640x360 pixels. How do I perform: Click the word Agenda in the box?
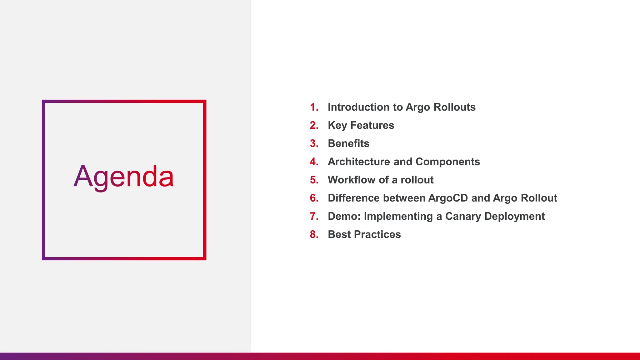(x=124, y=177)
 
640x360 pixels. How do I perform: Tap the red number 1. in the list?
(x=314, y=107)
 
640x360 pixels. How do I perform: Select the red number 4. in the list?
(x=314, y=162)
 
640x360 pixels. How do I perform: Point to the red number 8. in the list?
(x=314, y=234)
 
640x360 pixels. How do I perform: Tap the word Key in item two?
(x=337, y=126)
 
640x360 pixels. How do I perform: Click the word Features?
(x=372, y=125)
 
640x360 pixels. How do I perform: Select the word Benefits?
(x=348, y=143)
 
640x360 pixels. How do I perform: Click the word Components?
(x=448, y=162)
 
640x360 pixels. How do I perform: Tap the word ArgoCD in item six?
(x=448, y=198)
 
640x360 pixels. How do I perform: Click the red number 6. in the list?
(x=314, y=198)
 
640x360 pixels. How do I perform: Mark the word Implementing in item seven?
(x=398, y=217)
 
